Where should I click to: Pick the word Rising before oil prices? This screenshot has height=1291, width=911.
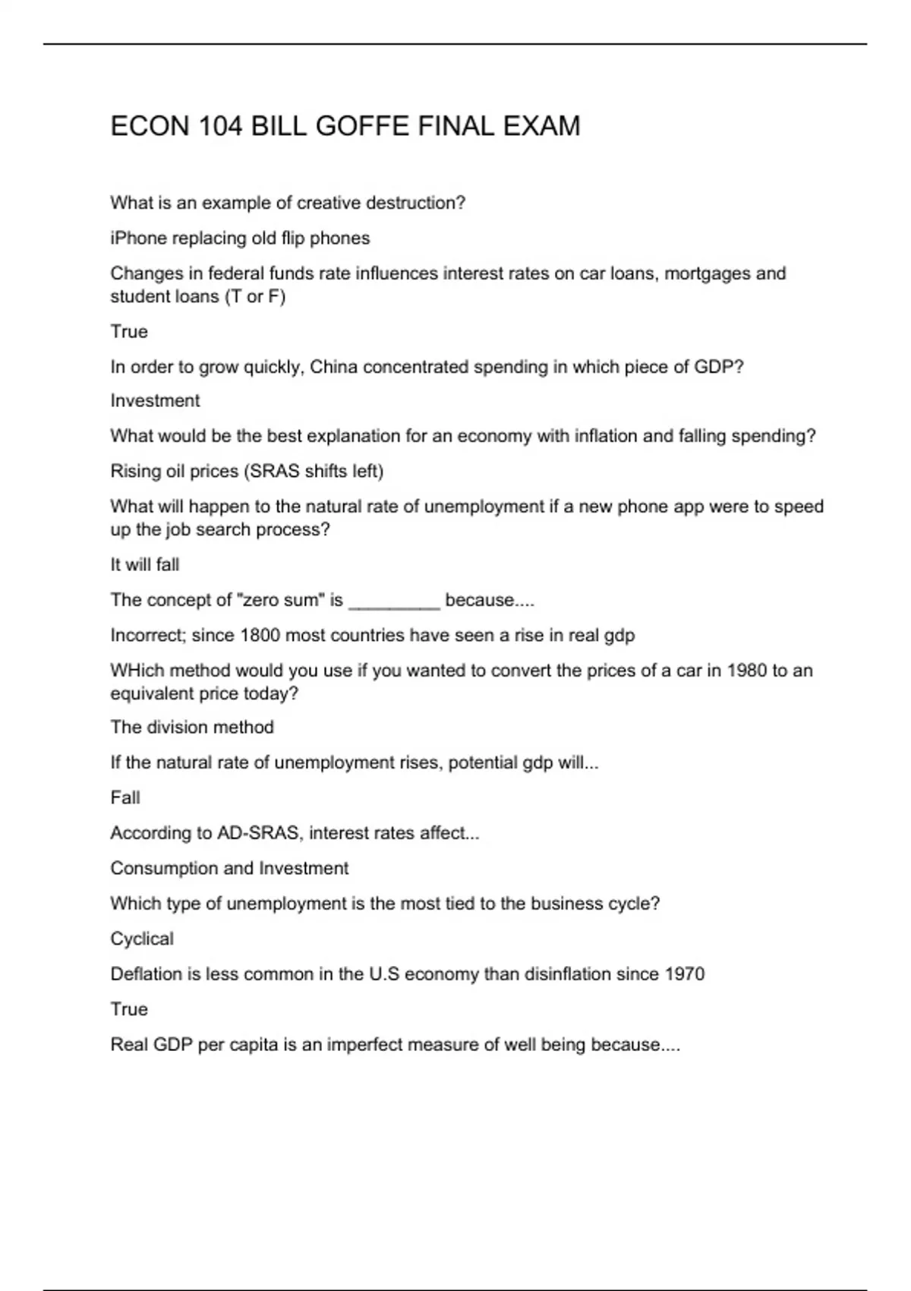click(134, 472)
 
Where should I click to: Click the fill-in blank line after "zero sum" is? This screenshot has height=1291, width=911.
click(394, 601)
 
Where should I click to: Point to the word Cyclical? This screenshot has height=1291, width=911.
click(142, 939)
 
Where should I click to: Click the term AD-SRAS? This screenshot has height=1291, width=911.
click(258, 833)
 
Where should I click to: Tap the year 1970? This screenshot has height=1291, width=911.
click(684, 974)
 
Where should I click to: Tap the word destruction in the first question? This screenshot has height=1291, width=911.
click(415, 204)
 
